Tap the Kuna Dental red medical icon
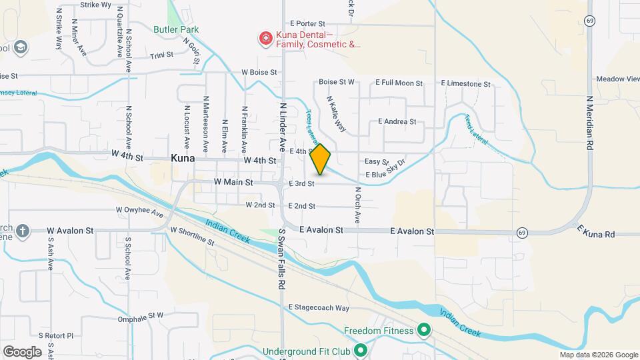[x=266, y=39]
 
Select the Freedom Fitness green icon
[x=423, y=331]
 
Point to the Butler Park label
[x=176, y=29]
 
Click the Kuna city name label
[x=183, y=159]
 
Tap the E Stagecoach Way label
[x=319, y=308]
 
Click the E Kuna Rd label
[x=595, y=232]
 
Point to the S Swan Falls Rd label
[x=282, y=259]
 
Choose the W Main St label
[x=233, y=181]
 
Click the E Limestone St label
[x=466, y=84]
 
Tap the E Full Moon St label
[x=399, y=83]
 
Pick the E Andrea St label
[x=397, y=122]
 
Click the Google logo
[x=22, y=351]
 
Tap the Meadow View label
[x=617, y=79]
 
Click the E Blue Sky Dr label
[x=385, y=169]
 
